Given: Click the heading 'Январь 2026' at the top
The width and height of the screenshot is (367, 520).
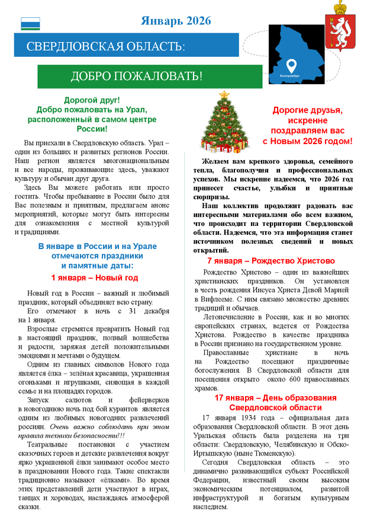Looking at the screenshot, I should [x=176, y=21].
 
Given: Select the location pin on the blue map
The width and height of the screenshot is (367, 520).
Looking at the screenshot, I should [x=291, y=65].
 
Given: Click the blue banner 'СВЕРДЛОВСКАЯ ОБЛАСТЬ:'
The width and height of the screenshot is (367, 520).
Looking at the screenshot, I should [x=106, y=46].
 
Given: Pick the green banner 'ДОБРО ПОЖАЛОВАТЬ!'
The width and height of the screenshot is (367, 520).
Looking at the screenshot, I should [x=137, y=76].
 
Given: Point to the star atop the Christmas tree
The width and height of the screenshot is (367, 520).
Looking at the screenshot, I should [x=224, y=94].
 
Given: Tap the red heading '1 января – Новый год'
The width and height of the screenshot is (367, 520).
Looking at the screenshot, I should [x=95, y=277].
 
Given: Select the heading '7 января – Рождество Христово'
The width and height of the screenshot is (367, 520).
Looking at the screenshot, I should [x=271, y=261].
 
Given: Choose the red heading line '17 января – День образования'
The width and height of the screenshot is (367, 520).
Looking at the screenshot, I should [x=276, y=398].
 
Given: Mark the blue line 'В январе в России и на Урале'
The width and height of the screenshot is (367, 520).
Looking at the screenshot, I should [x=94, y=245].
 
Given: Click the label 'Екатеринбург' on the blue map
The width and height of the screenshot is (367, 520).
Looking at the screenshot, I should [x=291, y=76].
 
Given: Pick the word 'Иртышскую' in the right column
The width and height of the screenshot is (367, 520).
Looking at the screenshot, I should [x=214, y=453].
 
